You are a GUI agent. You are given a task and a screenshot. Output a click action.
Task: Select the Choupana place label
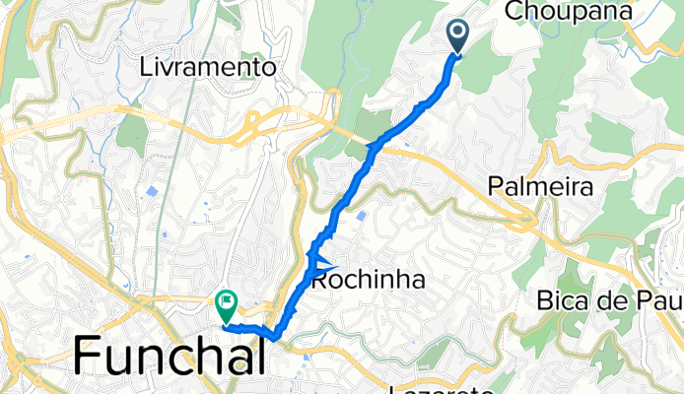(562, 11)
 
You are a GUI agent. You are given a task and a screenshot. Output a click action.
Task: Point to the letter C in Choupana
(513, 11)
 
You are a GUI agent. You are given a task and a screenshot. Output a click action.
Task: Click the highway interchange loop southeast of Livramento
(257, 122)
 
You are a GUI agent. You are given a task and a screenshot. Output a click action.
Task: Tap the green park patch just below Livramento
(132, 133)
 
